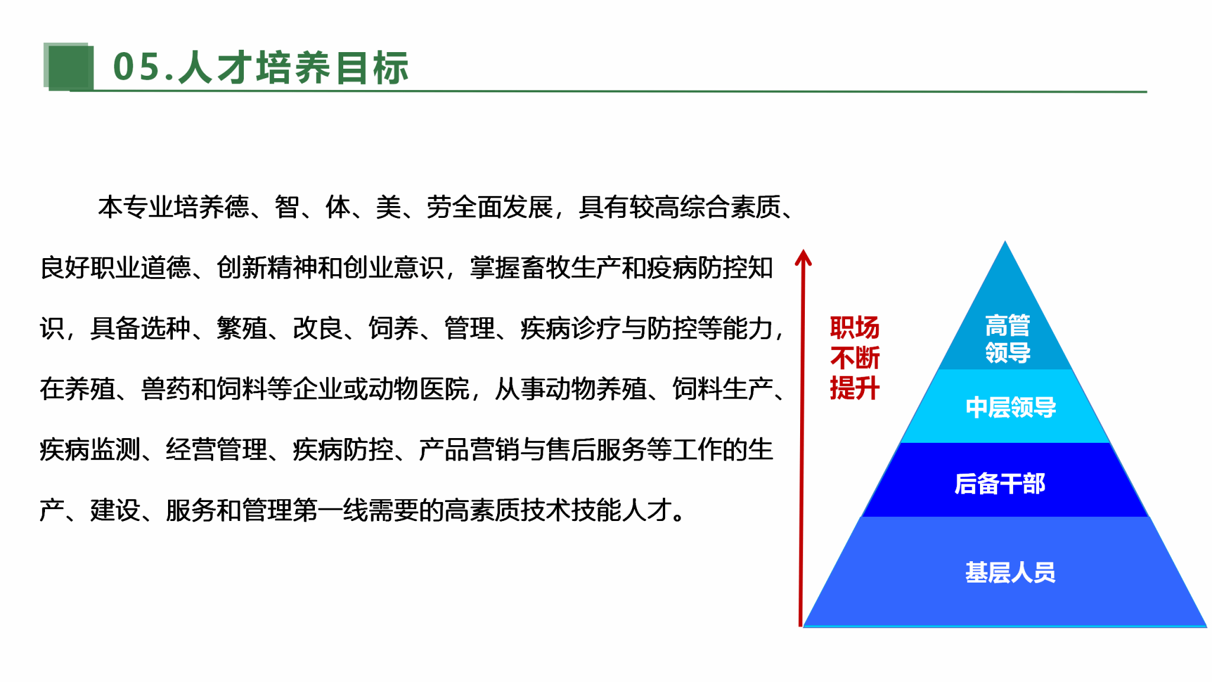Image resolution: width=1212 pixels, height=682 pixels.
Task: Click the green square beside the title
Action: pyautogui.click(x=69, y=66)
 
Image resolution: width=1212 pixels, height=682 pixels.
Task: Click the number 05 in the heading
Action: pyautogui.click(x=137, y=67)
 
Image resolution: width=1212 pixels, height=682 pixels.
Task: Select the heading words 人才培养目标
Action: pyautogui.click(x=294, y=67)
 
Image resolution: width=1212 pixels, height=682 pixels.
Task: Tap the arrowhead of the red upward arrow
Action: pyautogui.click(x=803, y=258)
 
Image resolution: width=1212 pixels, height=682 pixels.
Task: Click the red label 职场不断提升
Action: pyautogui.click(x=855, y=358)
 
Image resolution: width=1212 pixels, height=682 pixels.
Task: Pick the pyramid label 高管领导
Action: pyautogui.click(x=1008, y=339)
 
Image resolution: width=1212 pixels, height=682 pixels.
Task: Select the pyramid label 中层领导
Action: pyautogui.click(x=1011, y=407)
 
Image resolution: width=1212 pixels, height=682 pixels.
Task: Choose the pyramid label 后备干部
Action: pyautogui.click(x=1000, y=484)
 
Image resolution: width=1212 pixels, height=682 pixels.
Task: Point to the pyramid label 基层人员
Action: pyautogui.click(x=1010, y=572)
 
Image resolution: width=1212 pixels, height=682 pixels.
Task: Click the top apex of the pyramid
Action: pyautogui.click(x=1005, y=242)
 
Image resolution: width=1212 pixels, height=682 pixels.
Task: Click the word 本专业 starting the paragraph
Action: pyautogui.click(x=136, y=207)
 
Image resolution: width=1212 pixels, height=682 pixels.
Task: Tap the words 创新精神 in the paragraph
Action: pyautogui.click(x=267, y=268)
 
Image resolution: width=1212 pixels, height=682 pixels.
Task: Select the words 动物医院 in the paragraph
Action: pyautogui.click(x=419, y=389)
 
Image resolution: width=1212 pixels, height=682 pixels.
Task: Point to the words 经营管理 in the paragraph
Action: pyautogui.click(x=217, y=449)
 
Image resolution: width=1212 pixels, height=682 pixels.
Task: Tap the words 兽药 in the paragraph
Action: pyautogui.click(x=166, y=389)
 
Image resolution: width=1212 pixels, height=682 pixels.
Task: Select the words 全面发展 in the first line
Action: pyautogui.click(x=502, y=207)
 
